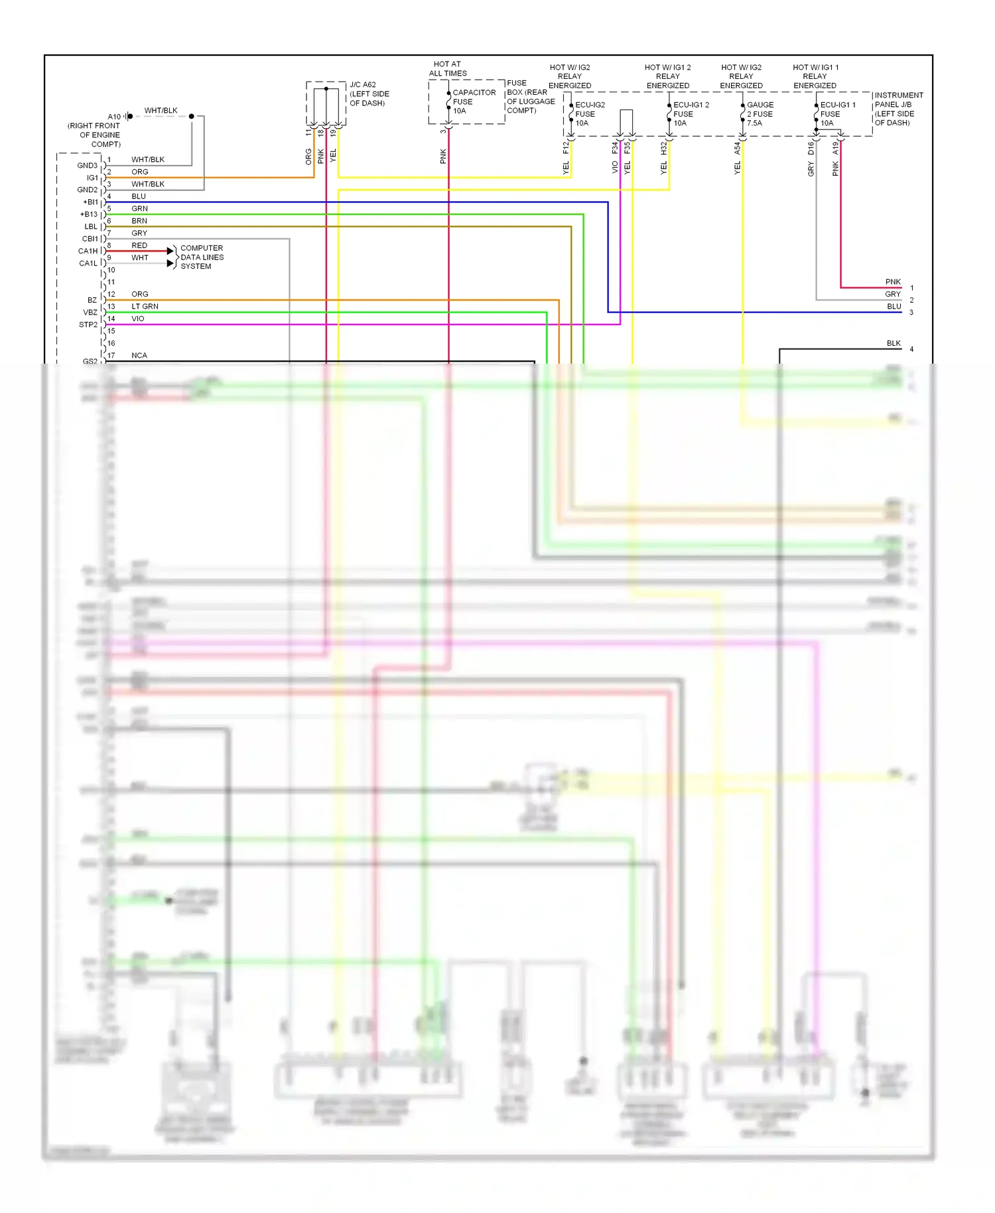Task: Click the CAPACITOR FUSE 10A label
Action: pos(474,102)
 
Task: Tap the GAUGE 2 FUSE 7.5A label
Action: pos(760,113)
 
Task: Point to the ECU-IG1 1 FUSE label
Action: pos(837,113)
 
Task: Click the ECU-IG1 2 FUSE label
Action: pos(690,113)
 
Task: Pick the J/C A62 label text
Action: pos(369,94)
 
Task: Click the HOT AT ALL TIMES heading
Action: pos(448,69)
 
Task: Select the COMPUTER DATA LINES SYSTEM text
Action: pos(202,257)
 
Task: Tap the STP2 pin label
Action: pos(88,324)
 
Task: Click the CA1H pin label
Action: pos(88,251)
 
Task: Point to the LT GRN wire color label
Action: pos(145,307)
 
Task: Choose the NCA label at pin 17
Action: pos(139,356)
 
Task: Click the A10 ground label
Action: pos(114,117)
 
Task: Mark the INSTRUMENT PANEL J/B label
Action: pos(898,109)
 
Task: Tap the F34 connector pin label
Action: pos(615,147)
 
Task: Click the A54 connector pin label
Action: pos(737,148)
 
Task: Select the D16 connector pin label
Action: pos(811,148)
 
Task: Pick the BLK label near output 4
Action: pos(894,343)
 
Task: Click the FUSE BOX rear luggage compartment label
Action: pos(530,97)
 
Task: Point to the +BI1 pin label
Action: pos(90,202)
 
